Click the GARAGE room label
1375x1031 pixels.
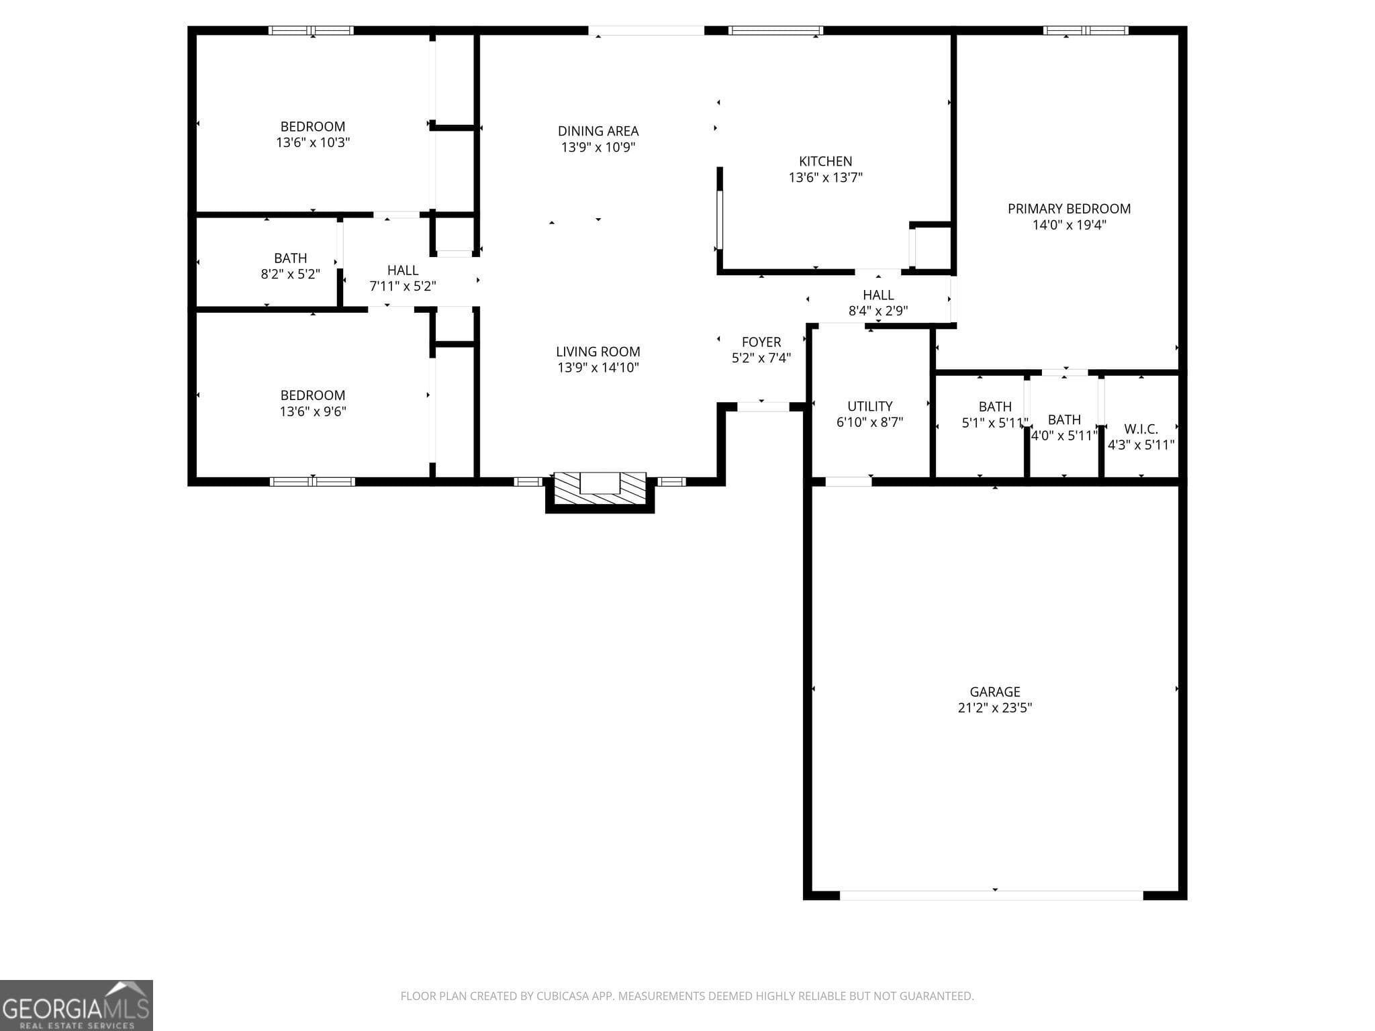pyautogui.click(x=994, y=691)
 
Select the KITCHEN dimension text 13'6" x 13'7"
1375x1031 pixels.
pyautogui.click(x=825, y=177)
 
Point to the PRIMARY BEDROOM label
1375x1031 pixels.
pyautogui.click(x=1069, y=209)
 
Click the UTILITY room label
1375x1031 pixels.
pyautogui.click(x=869, y=406)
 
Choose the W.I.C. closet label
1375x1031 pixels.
pyautogui.click(x=1141, y=429)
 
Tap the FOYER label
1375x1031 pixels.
pyautogui.click(x=761, y=342)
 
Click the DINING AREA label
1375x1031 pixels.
pyautogui.click(x=598, y=131)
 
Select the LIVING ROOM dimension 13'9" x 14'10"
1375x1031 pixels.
pyautogui.click(x=598, y=367)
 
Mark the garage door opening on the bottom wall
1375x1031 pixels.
pyautogui.click(x=991, y=895)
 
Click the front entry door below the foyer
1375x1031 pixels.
pyautogui.click(x=763, y=407)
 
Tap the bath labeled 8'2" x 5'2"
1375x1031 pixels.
pyautogui.click(x=290, y=266)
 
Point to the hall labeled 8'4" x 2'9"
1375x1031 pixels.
pyautogui.click(x=878, y=303)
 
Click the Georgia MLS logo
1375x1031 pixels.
pyautogui.click(x=76, y=1005)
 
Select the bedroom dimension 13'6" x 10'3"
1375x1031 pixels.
pyautogui.click(x=313, y=142)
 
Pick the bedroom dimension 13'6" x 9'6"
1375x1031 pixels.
pyautogui.click(x=313, y=411)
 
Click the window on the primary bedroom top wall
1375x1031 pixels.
pyautogui.click(x=1085, y=30)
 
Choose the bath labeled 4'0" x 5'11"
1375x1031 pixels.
pyautogui.click(x=1063, y=428)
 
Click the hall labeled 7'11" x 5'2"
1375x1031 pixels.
pyautogui.click(x=403, y=278)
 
